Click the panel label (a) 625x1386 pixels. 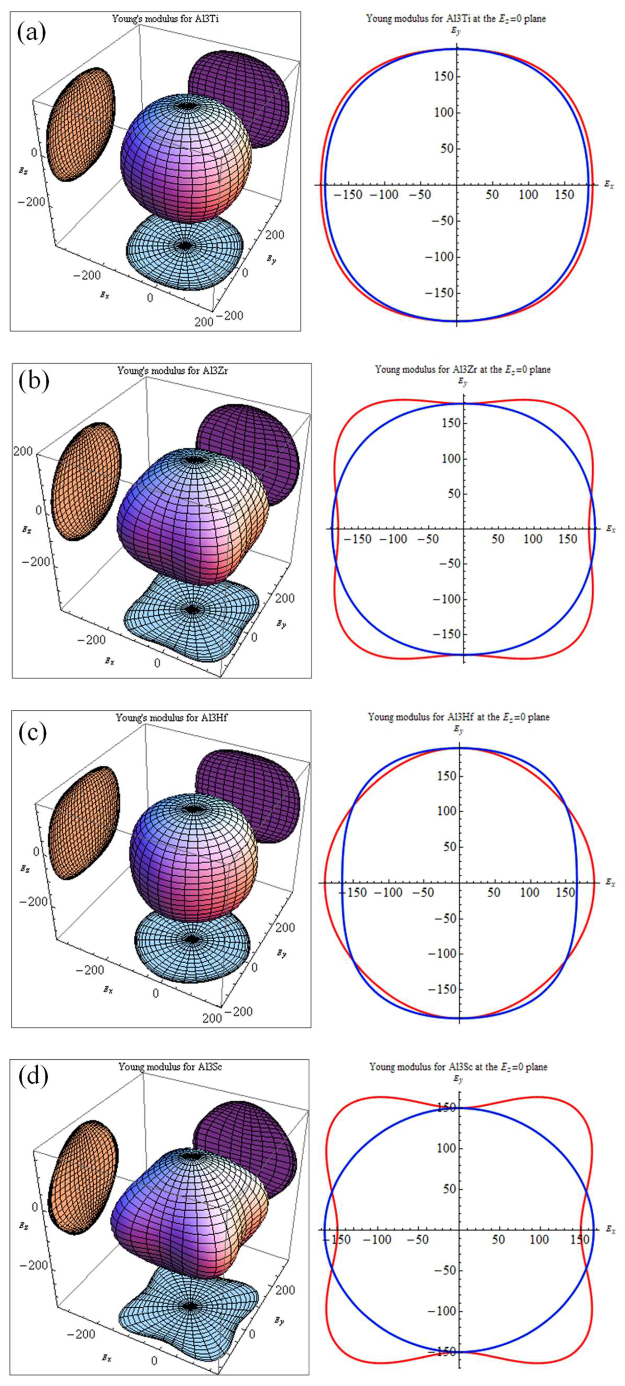point(31,34)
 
